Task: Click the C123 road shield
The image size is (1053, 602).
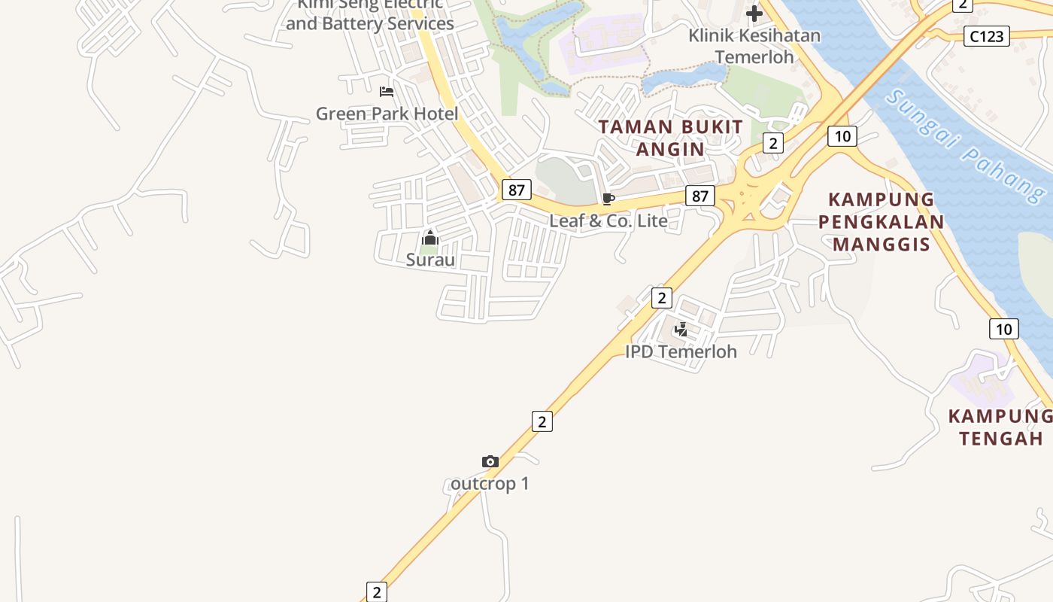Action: tap(987, 35)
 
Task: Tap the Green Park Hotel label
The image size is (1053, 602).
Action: tap(387, 114)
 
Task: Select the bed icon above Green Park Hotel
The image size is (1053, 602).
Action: tap(387, 92)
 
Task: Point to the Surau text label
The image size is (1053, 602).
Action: tap(430, 260)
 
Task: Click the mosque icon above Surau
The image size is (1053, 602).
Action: tap(430, 239)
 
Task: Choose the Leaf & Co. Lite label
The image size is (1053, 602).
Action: tap(608, 220)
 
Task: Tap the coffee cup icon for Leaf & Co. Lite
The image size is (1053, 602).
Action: tap(608, 199)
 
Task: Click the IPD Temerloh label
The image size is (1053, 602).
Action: tap(681, 351)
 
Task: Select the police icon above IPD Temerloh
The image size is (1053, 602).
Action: tap(681, 330)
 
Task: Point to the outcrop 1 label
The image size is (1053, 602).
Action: tap(490, 483)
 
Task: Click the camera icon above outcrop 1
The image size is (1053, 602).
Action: tap(490, 462)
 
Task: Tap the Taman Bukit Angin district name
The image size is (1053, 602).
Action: tap(671, 138)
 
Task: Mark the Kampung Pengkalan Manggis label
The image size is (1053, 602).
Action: tap(881, 221)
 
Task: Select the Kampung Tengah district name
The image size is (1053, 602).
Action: tap(1000, 427)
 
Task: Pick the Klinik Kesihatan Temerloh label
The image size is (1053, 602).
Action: tap(754, 46)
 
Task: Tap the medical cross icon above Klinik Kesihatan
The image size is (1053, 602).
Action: tap(754, 14)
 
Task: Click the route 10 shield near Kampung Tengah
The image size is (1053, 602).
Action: tap(1003, 328)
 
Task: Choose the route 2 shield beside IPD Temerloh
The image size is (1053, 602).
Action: tap(661, 297)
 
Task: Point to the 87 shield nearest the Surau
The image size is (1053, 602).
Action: tap(516, 190)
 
